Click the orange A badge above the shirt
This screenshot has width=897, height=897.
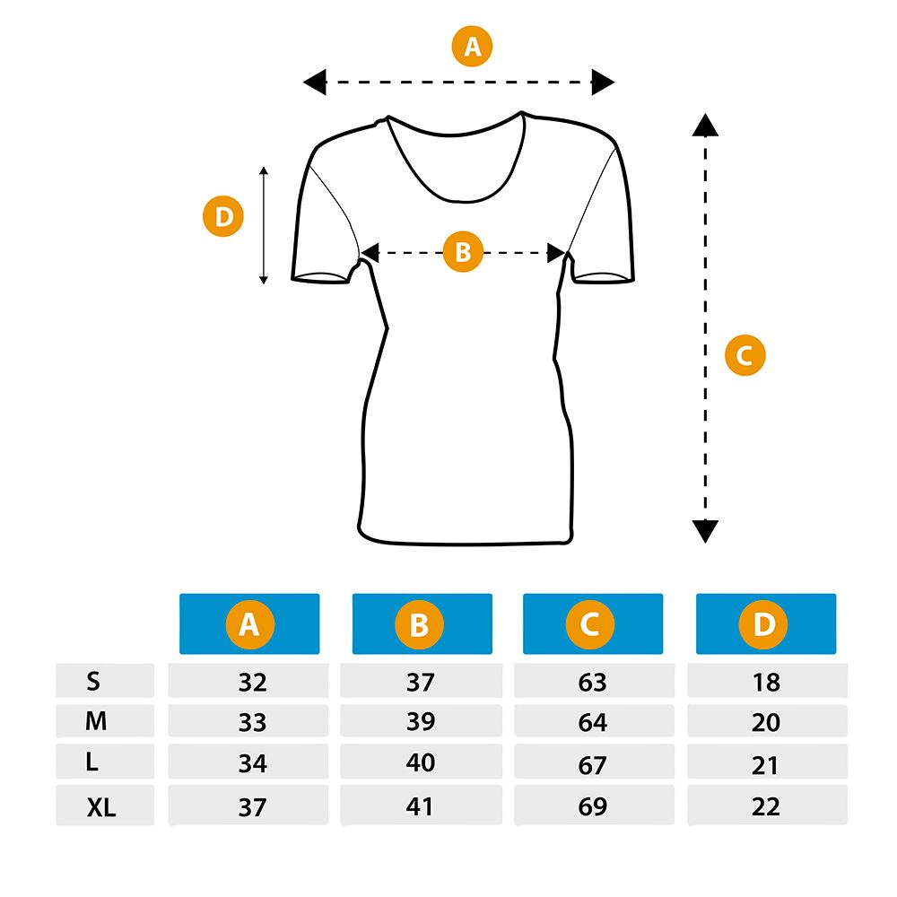472,46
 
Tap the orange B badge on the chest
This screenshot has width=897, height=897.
464,251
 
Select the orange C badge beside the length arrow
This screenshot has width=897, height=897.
745,354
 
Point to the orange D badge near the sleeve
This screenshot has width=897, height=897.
223,216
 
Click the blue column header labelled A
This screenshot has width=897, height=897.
249,623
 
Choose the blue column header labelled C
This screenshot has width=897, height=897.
593,623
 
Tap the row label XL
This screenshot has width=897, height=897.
101,807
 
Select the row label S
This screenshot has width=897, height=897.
93,681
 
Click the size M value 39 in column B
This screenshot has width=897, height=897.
421,721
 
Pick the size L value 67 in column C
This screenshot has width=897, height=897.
592,765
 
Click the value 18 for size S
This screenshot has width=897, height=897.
766,682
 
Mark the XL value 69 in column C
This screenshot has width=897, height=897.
592,806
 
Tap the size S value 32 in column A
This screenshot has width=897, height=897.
252,682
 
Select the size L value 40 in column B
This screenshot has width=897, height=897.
421,762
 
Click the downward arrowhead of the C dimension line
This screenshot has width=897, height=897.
705,531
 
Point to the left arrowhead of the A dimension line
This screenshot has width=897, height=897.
315,83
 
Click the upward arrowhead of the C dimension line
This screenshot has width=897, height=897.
705,125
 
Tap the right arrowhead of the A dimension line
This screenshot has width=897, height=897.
603,83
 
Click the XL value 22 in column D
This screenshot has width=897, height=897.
766,806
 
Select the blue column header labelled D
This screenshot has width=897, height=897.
766,623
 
